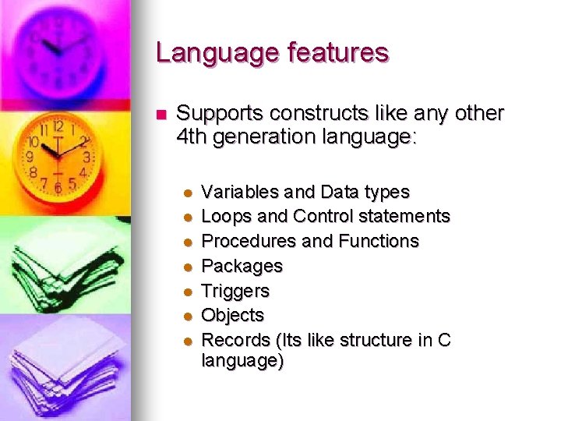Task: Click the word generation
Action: point(273,139)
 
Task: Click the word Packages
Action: point(242,266)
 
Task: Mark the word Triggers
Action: point(235,291)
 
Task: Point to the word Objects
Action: point(232,315)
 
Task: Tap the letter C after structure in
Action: point(445,340)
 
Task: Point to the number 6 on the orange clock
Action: point(57,188)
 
